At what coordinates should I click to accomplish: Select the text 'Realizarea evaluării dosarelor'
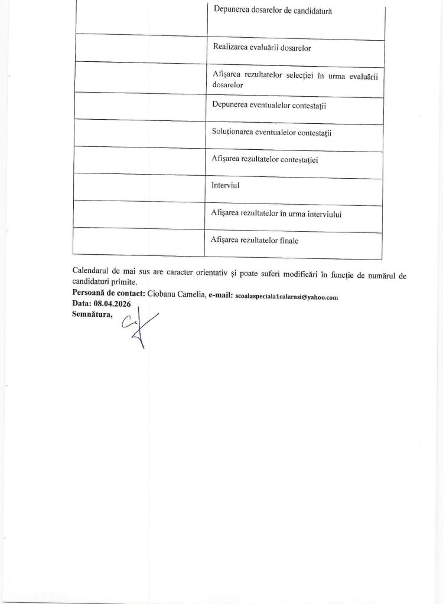pyautogui.click(x=261, y=49)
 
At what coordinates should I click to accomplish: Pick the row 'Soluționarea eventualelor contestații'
pyautogui.click(x=271, y=133)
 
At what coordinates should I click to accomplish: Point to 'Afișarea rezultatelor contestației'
pyautogui.click(x=265, y=159)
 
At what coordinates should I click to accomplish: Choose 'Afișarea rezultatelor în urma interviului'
pyautogui.click(x=276, y=214)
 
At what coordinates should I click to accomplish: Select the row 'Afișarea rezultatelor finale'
pyautogui.click(x=255, y=240)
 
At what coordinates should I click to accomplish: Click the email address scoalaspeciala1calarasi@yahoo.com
pyautogui.click(x=286, y=297)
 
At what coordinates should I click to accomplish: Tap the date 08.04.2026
pyautogui.click(x=110, y=304)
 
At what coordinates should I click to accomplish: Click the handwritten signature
pyautogui.click(x=137, y=327)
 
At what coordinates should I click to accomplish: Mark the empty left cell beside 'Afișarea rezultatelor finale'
pyautogui.click(x=139, y=242)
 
